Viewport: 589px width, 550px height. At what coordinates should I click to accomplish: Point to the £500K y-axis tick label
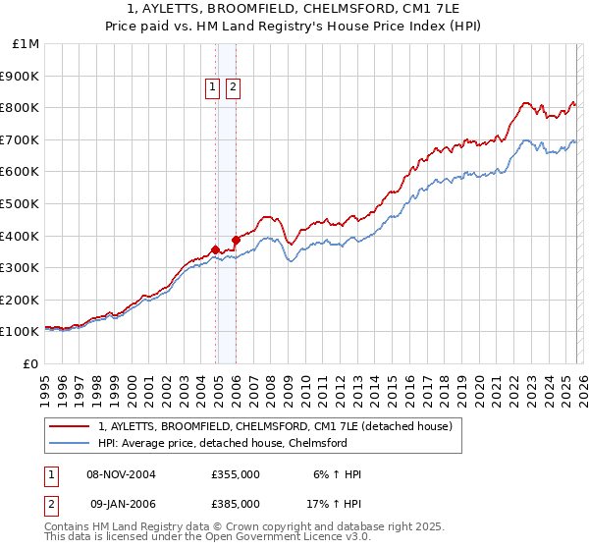21,203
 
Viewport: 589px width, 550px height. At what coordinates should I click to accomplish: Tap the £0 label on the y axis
30,363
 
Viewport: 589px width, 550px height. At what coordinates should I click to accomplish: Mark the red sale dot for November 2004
215,249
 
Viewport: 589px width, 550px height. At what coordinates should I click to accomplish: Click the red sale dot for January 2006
236,240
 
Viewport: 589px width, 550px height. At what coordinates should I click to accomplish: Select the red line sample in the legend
71,427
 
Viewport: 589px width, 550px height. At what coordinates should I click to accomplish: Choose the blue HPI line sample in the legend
71,443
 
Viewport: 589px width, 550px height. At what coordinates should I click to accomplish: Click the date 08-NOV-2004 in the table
121,475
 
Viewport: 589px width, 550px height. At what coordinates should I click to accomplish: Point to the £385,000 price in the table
236,503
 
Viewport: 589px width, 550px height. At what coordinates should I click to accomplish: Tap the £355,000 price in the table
236,475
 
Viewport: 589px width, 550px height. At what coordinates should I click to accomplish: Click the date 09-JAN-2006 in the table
121,503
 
